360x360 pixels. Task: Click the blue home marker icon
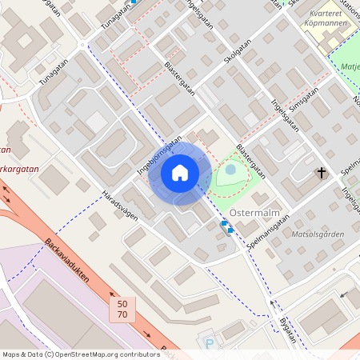pyautogui.click(x=180, y=174)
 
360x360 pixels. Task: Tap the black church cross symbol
pyautogui.click(x=322, y=173)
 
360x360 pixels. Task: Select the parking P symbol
pyautogui.click(x=210, y=345)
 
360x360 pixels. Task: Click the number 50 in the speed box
pyautogui.click(x=122, y=305)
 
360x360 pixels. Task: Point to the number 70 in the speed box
pyautogui.click(x=122, y=316)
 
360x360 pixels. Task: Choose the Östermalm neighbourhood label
pyautogui.click(x=253, y=213)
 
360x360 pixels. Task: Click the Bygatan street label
pyautogui.click(x=283, y=330)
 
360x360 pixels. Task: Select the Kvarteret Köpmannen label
pyautogui.click(x=330, y=18)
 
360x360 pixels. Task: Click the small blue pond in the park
pyautogui.click(x=230, y=170)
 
